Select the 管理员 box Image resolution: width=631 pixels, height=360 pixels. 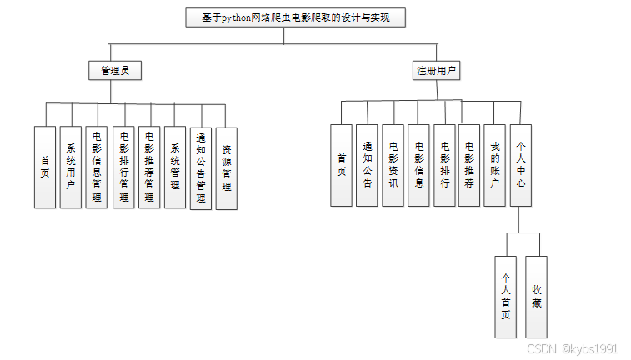[x=115, y=71]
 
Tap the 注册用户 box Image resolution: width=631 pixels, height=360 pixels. [x=437, y=71]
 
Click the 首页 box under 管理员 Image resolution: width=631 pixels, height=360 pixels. [x=45, y=167]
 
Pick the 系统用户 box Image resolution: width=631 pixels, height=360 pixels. [x=71, y=167]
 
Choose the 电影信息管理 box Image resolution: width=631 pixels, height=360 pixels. [x=97, y=167]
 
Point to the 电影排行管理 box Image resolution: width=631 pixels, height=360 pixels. [x=123, y=167]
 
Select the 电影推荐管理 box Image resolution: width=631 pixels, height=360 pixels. [x=149, y=167]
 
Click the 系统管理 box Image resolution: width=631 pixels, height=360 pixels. [x=175, y=167]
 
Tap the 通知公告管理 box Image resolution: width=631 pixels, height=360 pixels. [x=201, y=167]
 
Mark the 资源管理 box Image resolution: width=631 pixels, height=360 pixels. [x=227, y=167]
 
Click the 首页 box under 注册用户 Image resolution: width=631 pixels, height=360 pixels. [x=341, y=165]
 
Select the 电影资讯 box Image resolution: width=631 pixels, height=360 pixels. [x=393, y=165]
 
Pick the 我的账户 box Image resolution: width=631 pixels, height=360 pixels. [x=495, y=165]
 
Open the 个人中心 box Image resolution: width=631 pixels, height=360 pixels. [x=521, y=165]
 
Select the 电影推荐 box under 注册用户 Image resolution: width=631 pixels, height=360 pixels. [x=469, y=165]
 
